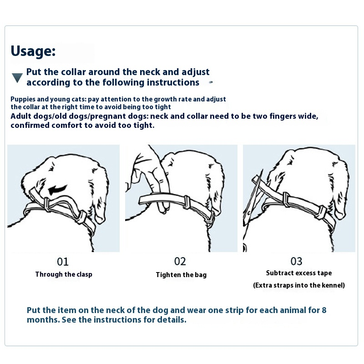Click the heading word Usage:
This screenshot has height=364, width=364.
33,51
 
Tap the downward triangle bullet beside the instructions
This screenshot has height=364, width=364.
17,78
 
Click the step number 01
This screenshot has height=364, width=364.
63,262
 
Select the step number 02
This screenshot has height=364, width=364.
180,261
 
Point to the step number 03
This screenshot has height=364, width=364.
297,261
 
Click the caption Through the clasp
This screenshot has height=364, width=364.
64,274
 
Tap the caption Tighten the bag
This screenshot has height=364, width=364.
181,275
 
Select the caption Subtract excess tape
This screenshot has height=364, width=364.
299,273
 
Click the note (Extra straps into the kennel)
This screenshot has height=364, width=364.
299,285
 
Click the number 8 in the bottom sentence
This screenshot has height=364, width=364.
324,310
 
